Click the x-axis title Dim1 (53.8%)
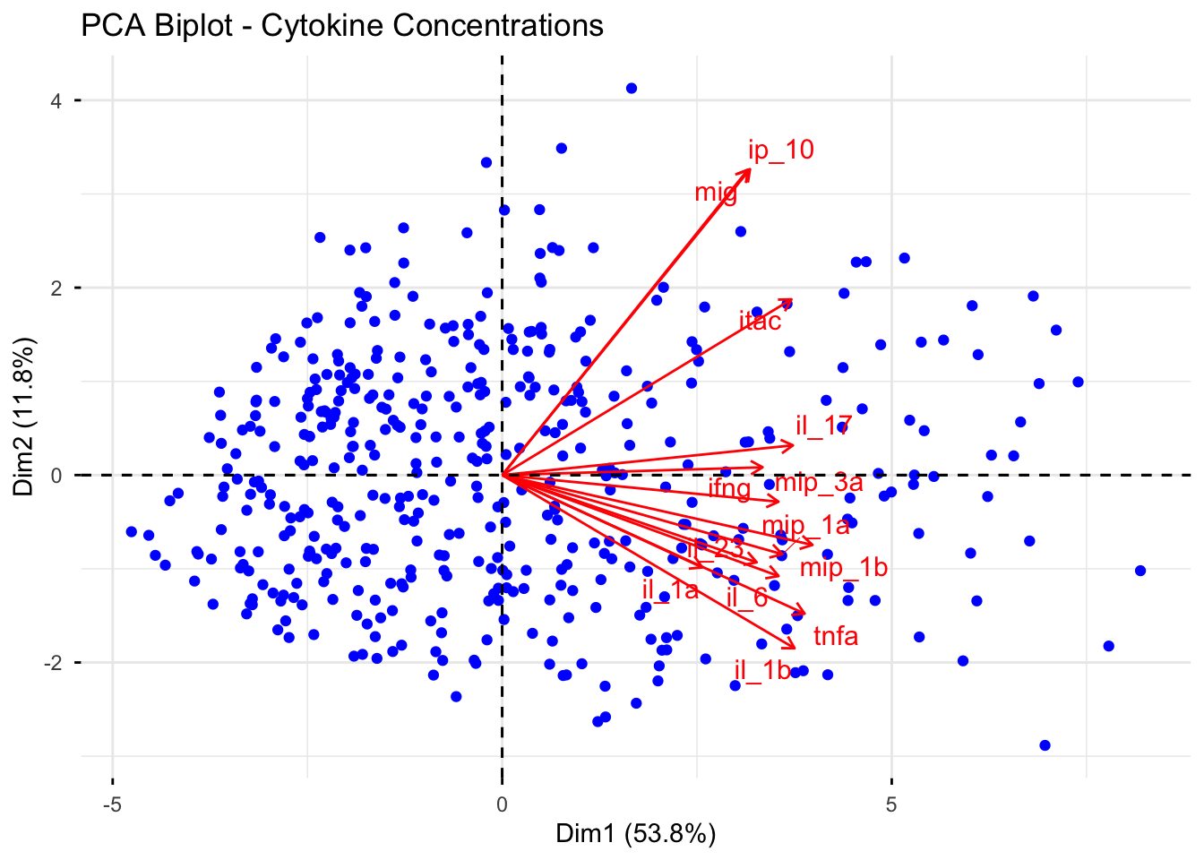click(635, 834)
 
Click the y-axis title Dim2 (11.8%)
click(25, 416)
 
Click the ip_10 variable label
click(781, 150)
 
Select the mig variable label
click(716, 192)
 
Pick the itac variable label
click(761, 321)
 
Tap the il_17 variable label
click(823, 426)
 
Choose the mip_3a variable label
click(819, 483)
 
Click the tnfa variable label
click(836, 636)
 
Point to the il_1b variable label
click(762, 670)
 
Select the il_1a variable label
click(670, 589)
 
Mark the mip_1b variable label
click(843, 567)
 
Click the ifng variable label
click(729, 488)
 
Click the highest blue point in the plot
click(632, 88)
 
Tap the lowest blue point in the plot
click(1045, 745)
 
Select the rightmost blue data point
click(1140, 571)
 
